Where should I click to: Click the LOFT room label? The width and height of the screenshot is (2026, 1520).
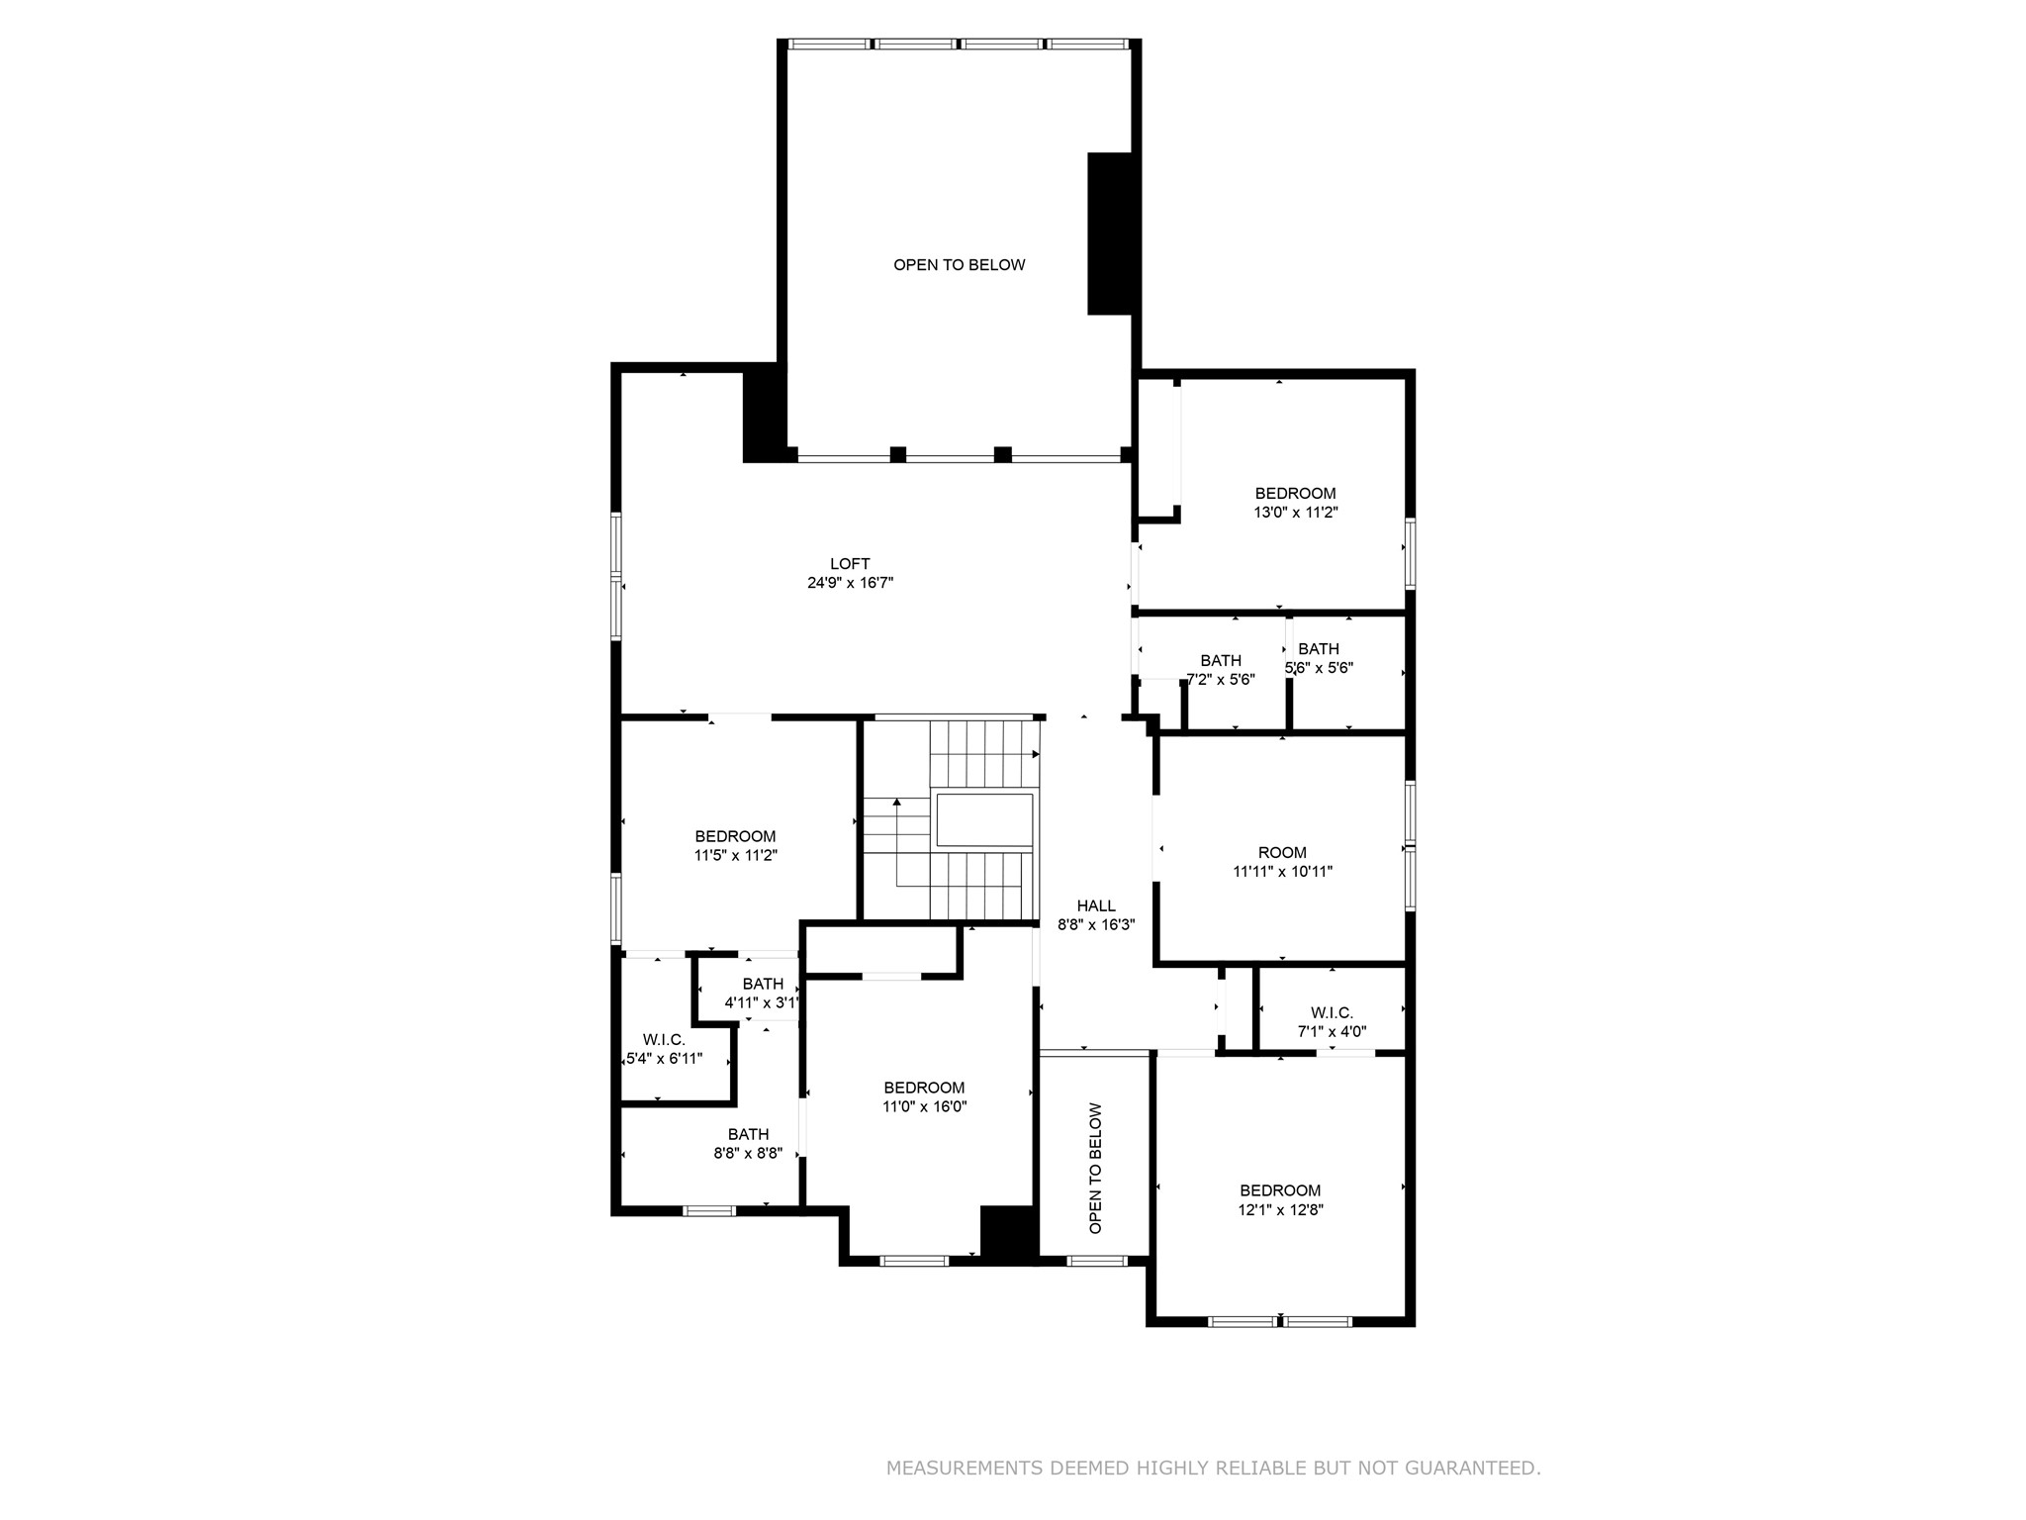point(850,564)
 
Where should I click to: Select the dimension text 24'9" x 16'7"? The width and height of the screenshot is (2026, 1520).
point(850,583)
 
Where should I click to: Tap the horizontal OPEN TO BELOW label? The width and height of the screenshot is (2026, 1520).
point(959,265)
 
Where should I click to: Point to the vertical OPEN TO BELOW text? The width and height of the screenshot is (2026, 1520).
point(1095,1168)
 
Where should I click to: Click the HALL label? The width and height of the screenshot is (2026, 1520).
point(1096,905)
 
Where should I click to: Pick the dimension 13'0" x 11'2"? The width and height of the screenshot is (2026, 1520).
point(1295,513)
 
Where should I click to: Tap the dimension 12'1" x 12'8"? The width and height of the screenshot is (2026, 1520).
point(1280,1209)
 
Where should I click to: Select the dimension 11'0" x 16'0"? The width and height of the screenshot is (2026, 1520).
point(924,1106)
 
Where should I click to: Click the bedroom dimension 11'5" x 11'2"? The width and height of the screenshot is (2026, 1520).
point(735,855)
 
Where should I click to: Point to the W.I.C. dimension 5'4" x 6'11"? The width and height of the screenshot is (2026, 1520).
point(664,1059)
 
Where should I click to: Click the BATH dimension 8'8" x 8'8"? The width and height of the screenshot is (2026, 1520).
point(748,1153)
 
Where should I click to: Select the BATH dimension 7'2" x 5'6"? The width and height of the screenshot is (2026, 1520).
point(1221,680)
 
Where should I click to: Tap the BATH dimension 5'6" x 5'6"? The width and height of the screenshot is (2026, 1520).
point(1319,668)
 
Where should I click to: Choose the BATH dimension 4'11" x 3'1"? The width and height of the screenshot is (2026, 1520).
point(762,1002)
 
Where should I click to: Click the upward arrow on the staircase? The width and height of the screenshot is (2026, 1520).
point(897,803)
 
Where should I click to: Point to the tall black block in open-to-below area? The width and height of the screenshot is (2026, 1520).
point(1109,234)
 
